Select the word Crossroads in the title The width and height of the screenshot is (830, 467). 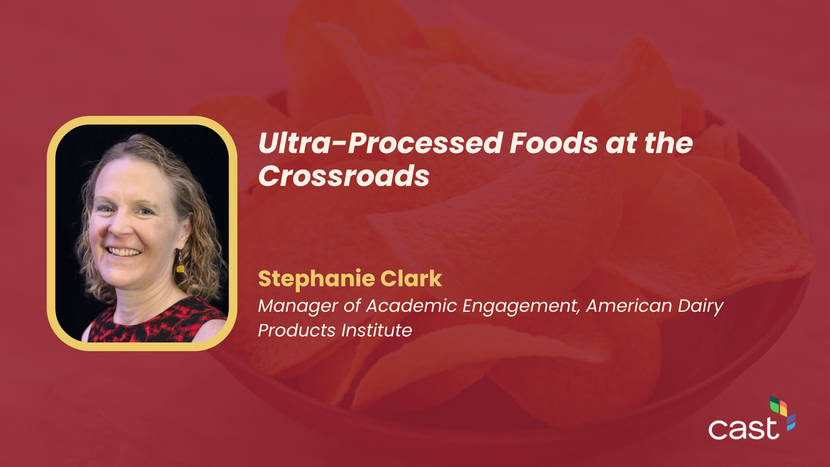[344, 176]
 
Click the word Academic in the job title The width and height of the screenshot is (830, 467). [411, 306]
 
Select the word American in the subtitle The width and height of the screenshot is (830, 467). [629, 306]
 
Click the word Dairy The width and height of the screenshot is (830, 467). [700, 307]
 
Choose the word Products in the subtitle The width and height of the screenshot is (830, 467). [297, 330]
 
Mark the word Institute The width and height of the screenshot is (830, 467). [377, 330]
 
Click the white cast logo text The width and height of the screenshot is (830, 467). [744, 429]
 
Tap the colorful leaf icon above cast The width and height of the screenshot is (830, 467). [783, 413]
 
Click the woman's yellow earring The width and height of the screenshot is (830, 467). [180, 268]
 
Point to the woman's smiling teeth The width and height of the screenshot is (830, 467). [124, 252]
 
